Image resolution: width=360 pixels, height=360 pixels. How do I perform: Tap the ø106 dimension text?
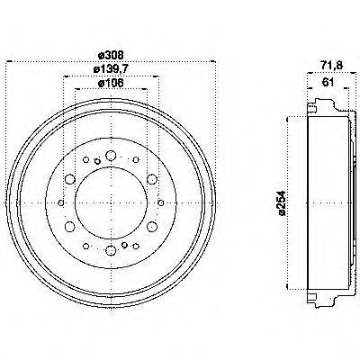[110, 84]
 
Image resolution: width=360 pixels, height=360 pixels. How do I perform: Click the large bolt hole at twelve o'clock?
[110, 157]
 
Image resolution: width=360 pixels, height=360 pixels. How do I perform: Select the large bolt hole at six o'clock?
[110, 251]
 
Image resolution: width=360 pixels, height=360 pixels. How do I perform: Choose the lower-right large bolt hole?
[150, 228]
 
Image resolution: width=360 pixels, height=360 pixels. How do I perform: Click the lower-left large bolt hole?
[69, 228]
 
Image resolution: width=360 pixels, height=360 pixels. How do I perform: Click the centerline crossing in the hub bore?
[110, 204]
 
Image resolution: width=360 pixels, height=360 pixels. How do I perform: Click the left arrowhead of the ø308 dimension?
[10, 62]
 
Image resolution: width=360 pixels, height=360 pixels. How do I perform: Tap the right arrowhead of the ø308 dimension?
[211, 62]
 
